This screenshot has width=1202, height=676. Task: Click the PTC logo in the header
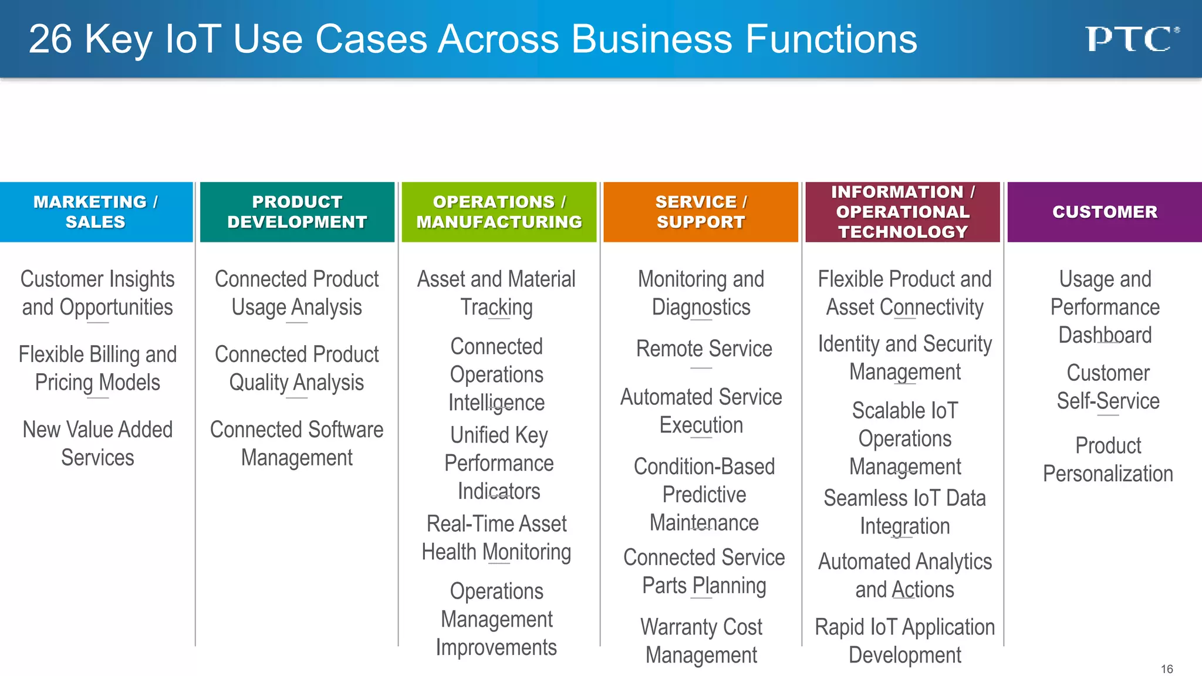click(x=1131, y=39)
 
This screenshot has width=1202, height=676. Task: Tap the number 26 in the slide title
click(x=50, y=39)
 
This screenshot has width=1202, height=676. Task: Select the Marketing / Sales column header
click(x=96, y=212)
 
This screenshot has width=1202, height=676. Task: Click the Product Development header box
click(x=297, y=212)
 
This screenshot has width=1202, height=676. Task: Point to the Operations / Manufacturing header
click(x=499, y=212)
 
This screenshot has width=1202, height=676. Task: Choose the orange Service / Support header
click(x=701, y=212)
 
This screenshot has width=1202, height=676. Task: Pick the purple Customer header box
click(x=1105, y=212)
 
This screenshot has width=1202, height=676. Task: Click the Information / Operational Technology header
click(x=903, y=212)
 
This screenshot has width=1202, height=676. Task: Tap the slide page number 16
click(x=1167, y=669)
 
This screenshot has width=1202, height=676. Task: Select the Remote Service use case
click(x=704, y=349)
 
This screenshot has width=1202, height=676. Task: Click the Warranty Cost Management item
click(x=701, y=641)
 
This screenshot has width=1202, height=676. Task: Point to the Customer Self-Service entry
click(x=1108, y=387)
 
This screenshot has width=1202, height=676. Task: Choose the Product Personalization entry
click(x=1108, y=459)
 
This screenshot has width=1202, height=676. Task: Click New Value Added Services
click(x=97, y=444)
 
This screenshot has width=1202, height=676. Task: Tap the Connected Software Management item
click(x=297, y=444)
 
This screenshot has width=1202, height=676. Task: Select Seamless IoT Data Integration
click(x=904, y=512)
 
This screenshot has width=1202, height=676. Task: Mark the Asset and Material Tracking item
click(x=497, y=293)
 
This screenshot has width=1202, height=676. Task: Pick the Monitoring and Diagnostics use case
click(x=701, y=293)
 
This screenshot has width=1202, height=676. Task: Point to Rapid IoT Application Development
click(x=904, y=641)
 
